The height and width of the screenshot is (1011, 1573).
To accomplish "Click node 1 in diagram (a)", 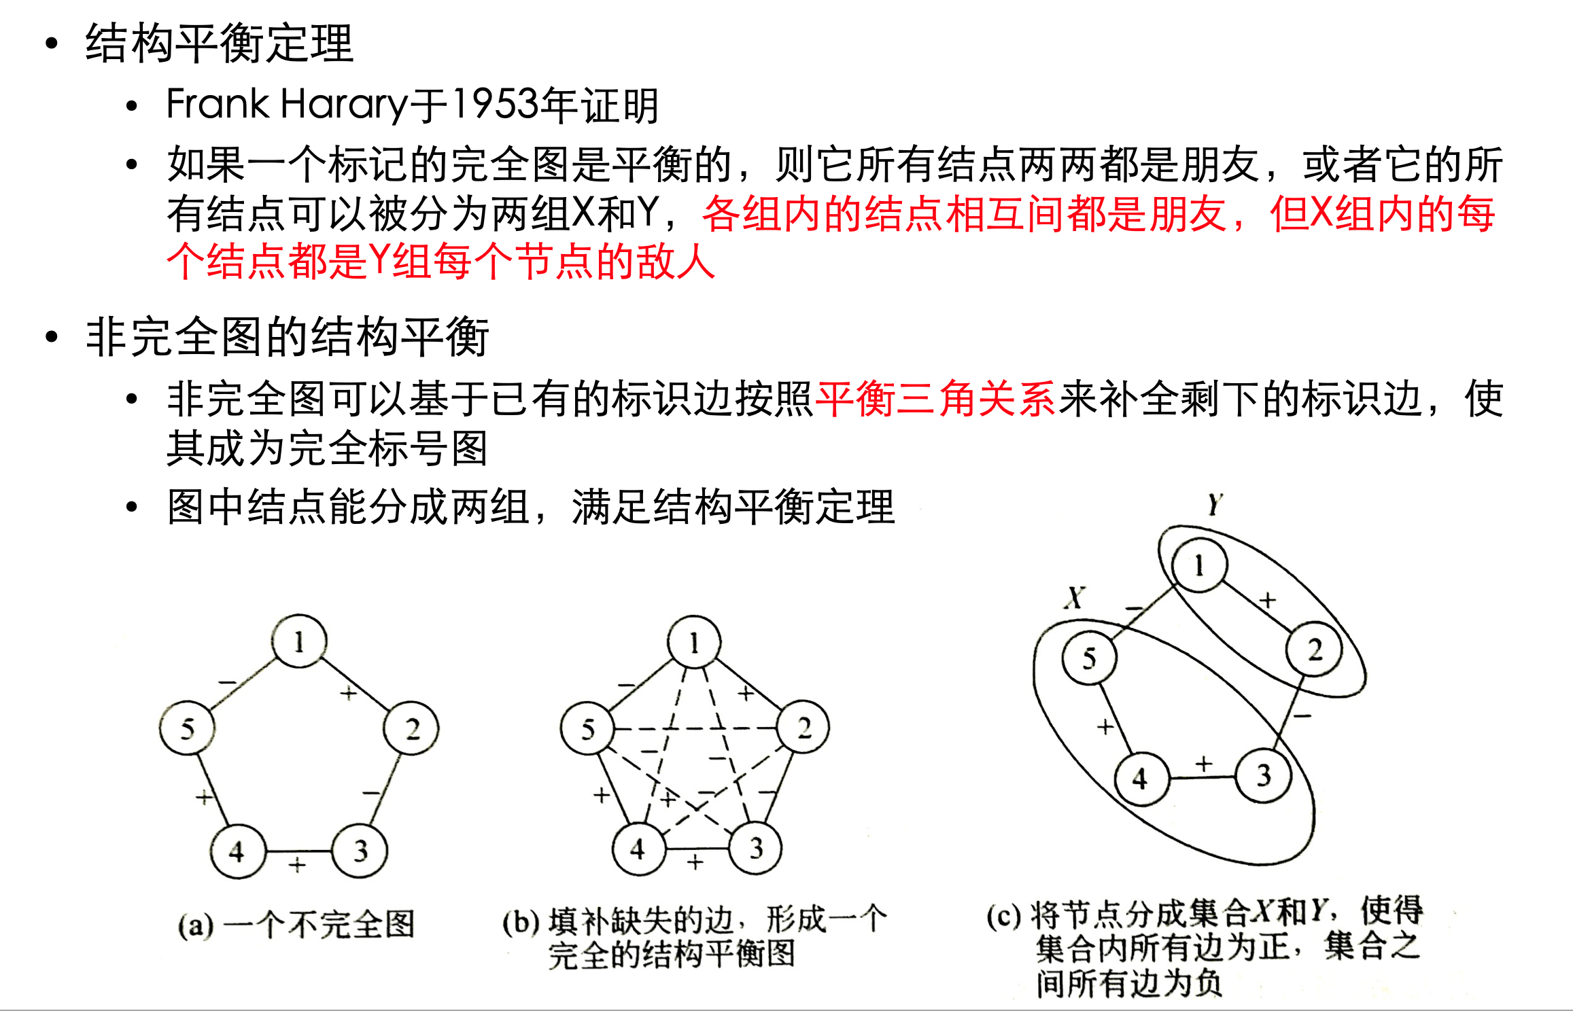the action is pos(299,641).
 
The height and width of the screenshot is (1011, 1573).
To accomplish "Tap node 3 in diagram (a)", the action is pos(360,850).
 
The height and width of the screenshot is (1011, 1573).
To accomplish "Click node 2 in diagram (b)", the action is pos(803,728).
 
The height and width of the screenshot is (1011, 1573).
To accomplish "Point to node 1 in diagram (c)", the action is pos(1199,565).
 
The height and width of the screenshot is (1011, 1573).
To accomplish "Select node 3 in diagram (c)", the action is pos(1263,775).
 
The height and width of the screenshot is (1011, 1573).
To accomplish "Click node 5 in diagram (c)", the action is pos(1089,658).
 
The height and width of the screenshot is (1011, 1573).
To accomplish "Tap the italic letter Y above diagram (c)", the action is pos(1215,504).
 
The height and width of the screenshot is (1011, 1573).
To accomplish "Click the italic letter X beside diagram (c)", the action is pos(1075,598).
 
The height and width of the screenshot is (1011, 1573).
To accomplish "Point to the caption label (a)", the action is pos(196,925).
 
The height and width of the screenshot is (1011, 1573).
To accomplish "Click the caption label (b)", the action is pos(521,922).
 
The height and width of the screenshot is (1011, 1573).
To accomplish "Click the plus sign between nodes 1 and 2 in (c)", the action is pos(1267,600).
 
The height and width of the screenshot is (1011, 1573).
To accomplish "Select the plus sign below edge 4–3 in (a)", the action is pos(296,865).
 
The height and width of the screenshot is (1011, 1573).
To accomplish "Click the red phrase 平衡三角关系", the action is pos(935,398).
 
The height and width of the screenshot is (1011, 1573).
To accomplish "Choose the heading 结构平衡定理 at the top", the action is pos(219,43).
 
